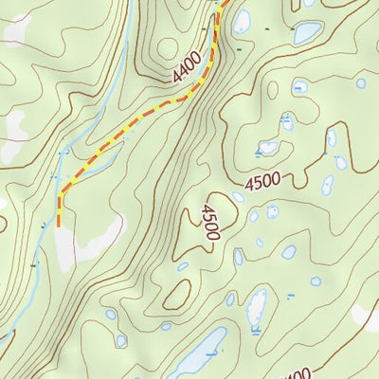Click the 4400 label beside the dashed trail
(x=188, y=65)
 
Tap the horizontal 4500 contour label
(x=264, y=181)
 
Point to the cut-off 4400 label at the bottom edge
(x=296, y=373)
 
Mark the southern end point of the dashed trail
(x=59, y=226)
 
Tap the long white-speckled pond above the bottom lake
(x=257, y=309)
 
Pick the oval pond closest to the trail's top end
(x=243, y=20)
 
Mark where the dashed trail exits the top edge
(x=225, y=2)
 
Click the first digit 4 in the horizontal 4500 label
(x=249, y=184)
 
